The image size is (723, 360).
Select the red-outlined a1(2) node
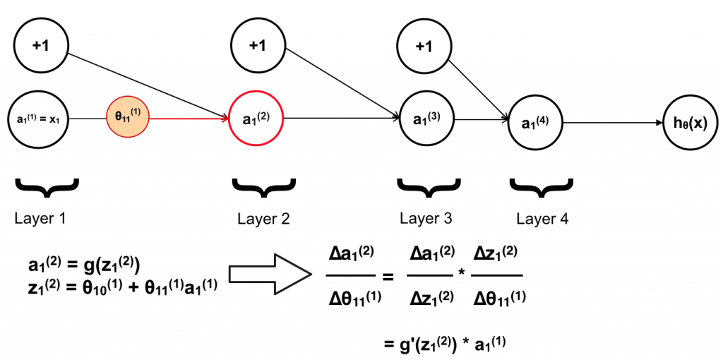[256, 119]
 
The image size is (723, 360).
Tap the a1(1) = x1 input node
[40, 119]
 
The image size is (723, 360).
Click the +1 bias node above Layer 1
[40, 46]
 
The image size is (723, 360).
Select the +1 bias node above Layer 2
[257, 46]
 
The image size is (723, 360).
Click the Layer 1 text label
[40, 218]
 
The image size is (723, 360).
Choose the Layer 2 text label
[263, 219]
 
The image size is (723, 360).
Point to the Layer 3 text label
[426, 218]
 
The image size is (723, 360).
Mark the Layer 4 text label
[542, 219]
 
